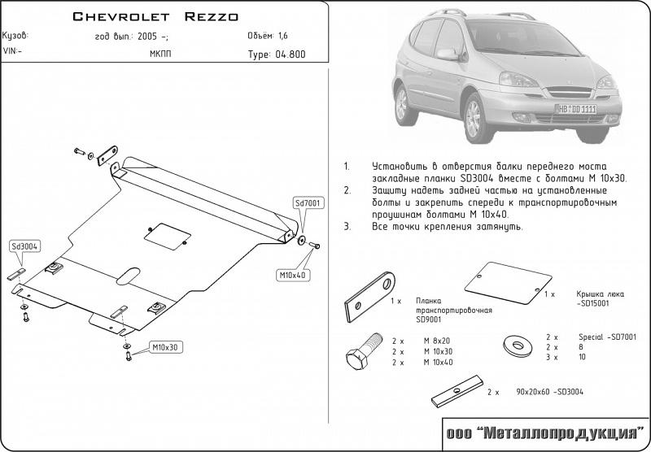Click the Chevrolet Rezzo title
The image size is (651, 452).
pyautogui.click(x=155, y=15)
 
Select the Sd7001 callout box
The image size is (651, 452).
pyautogui.click(x=308, y=203)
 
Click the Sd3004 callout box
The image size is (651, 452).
pyautogui.click(x=26, y=246)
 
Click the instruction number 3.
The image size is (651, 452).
pyautogui.click(x=347, y=226)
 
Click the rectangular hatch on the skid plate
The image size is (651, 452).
pyautogui.click(x=167, y=236)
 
